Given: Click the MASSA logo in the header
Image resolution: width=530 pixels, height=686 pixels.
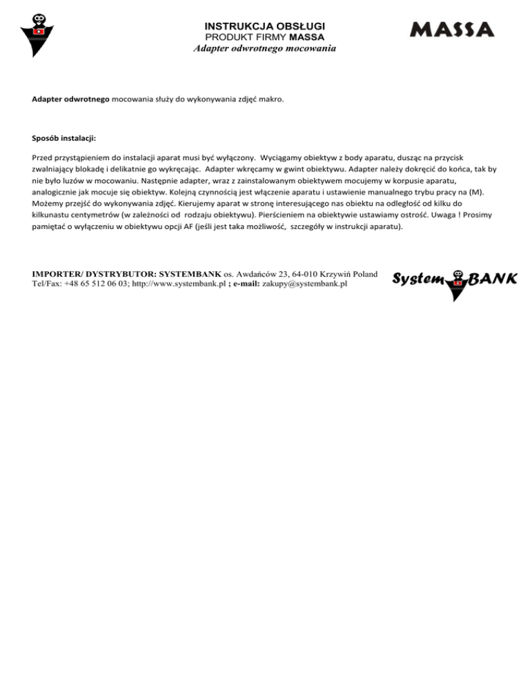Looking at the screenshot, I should coord(452,30).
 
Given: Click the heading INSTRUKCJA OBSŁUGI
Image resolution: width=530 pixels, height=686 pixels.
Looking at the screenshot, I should coord(264,26).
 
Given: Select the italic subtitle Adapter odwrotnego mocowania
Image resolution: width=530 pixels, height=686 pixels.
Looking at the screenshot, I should coord(264,49).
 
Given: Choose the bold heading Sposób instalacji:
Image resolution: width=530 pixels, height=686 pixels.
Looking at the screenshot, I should coord(63,138).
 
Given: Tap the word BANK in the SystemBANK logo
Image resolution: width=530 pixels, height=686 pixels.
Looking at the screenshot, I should coord(493,279).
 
